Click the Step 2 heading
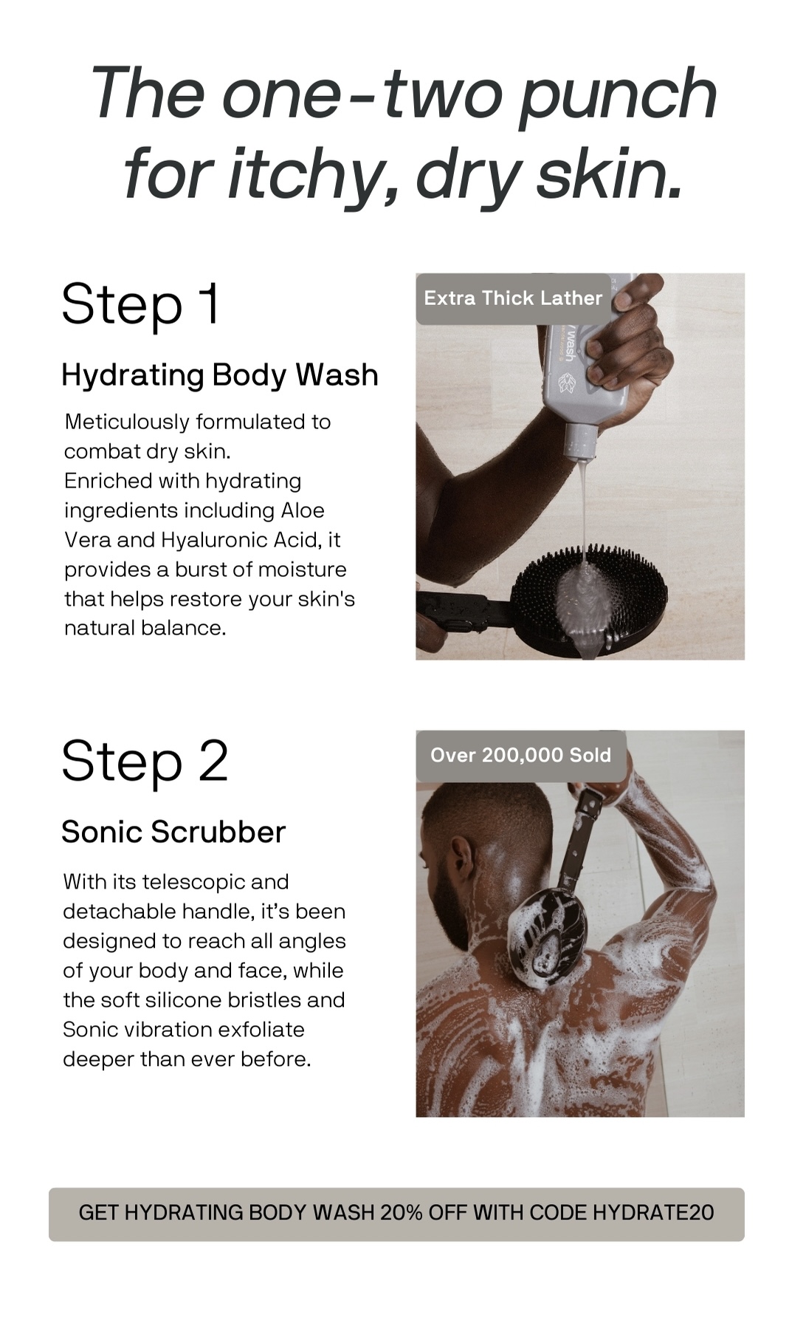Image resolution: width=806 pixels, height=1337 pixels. [x=145, y=761]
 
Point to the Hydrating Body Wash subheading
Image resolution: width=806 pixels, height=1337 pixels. [x=220, y=375]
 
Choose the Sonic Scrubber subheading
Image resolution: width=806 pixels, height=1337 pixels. [x=173, y=832]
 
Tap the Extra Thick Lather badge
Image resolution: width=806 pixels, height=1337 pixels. [x=514, y=298]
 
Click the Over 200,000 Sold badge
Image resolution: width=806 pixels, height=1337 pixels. [x=521, y=756]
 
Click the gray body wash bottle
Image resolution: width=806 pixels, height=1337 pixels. [x=583, y=369]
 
